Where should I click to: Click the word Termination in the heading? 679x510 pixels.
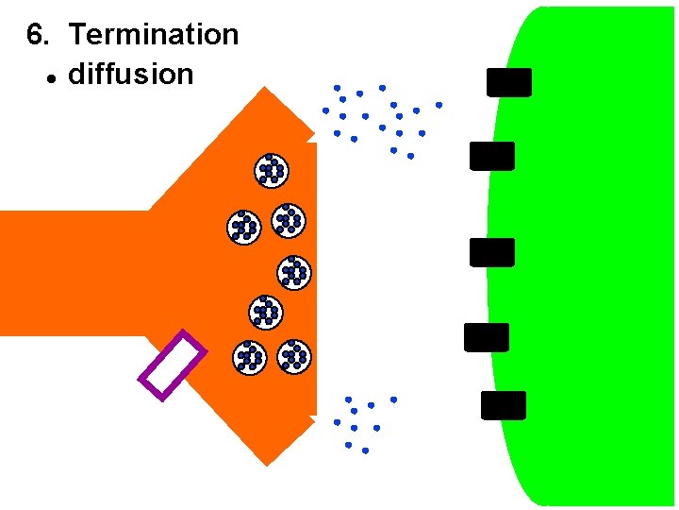(x=154, y=35)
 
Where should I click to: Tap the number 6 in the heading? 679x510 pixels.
(x=36, y=35)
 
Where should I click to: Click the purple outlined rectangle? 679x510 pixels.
(x=173, y=365)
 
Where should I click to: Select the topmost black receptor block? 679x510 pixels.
(x=509, y=82)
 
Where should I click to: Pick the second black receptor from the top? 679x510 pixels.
(x=492, y=156)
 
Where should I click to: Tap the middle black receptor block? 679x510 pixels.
(x=492, y=252)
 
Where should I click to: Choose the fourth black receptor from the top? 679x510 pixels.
(x=487, y=337)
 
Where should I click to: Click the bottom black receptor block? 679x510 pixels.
(x=504, y=405)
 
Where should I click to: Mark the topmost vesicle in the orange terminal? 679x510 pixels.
(x=272, y=170)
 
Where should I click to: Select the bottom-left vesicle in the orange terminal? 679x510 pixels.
(x=249, y=357)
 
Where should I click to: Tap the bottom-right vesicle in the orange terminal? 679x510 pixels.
(x=294, y=355)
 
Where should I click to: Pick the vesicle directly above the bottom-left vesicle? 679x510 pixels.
(x=266, y=312)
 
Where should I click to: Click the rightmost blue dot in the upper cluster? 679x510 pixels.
(x=439, y=105)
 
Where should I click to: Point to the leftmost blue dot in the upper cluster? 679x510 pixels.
(x=325, y=110)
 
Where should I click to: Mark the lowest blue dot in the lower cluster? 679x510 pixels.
(x=365, y=450)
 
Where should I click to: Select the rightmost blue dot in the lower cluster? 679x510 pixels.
(x=393, y=399)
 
